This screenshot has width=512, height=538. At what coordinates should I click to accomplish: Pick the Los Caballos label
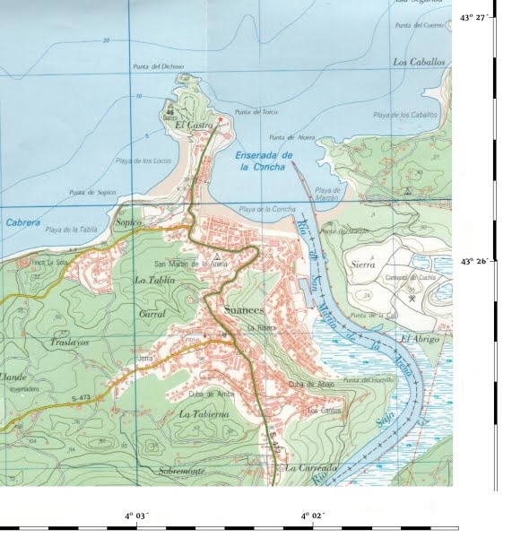pos(419,63)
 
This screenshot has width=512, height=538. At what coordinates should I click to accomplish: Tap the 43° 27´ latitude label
pos(477,17)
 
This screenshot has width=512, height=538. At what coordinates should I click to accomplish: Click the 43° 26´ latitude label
pos(477,261)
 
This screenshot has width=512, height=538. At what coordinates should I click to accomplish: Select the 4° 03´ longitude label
pos(137,516)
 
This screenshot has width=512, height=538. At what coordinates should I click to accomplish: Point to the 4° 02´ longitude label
pos(312,516)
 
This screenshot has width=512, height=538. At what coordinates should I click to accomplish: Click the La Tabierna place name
pos(204,414)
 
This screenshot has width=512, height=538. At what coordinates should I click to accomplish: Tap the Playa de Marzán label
pos(328,194)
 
